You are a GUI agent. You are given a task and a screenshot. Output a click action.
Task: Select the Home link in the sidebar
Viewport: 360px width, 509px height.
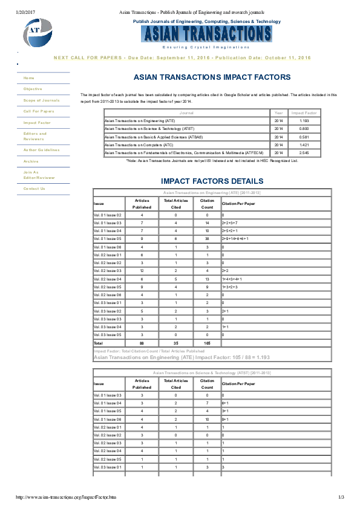click(29, 78)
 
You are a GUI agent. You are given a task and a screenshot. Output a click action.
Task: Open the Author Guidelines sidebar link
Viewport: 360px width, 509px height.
click(41, 149)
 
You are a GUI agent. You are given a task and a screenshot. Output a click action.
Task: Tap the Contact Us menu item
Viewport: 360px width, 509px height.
click(34, 189)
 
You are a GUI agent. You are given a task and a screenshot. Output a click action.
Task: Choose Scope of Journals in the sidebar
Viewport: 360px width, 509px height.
click(41, 100)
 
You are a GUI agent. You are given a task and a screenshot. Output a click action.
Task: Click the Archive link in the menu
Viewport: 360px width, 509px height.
click(31, 161)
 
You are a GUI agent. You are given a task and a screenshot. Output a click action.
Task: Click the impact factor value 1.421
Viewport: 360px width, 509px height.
click(304, 145)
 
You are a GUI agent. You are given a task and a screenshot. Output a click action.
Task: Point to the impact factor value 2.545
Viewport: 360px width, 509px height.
click(304, 153)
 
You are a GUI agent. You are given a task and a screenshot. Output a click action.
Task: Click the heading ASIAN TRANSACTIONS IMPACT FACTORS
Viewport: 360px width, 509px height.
click(212, 78)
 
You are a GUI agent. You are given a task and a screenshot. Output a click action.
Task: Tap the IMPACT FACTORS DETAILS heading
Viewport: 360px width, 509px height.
click(212, 181)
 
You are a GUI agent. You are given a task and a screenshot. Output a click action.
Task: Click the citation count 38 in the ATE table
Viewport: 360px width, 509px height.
click(207, 239)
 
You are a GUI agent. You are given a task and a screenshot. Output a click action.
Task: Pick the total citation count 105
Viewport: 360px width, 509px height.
click(207, 343)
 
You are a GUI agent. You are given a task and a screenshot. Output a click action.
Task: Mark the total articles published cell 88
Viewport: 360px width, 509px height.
click(142, 343)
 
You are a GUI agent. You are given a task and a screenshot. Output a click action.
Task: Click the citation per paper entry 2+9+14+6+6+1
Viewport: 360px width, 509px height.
click(235, 239)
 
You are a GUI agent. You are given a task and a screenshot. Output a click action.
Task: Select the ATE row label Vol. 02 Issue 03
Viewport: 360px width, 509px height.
click(108, 271)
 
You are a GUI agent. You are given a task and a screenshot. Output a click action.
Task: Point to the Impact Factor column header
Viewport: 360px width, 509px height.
click(304, 113)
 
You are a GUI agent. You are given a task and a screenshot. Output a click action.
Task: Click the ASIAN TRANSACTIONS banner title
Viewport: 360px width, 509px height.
click(206, 33)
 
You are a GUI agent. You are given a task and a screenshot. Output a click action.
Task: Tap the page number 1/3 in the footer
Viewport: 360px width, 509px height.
click(341, 497)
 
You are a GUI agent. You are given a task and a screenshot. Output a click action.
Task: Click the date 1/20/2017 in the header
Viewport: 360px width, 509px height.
click(25, 12)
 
